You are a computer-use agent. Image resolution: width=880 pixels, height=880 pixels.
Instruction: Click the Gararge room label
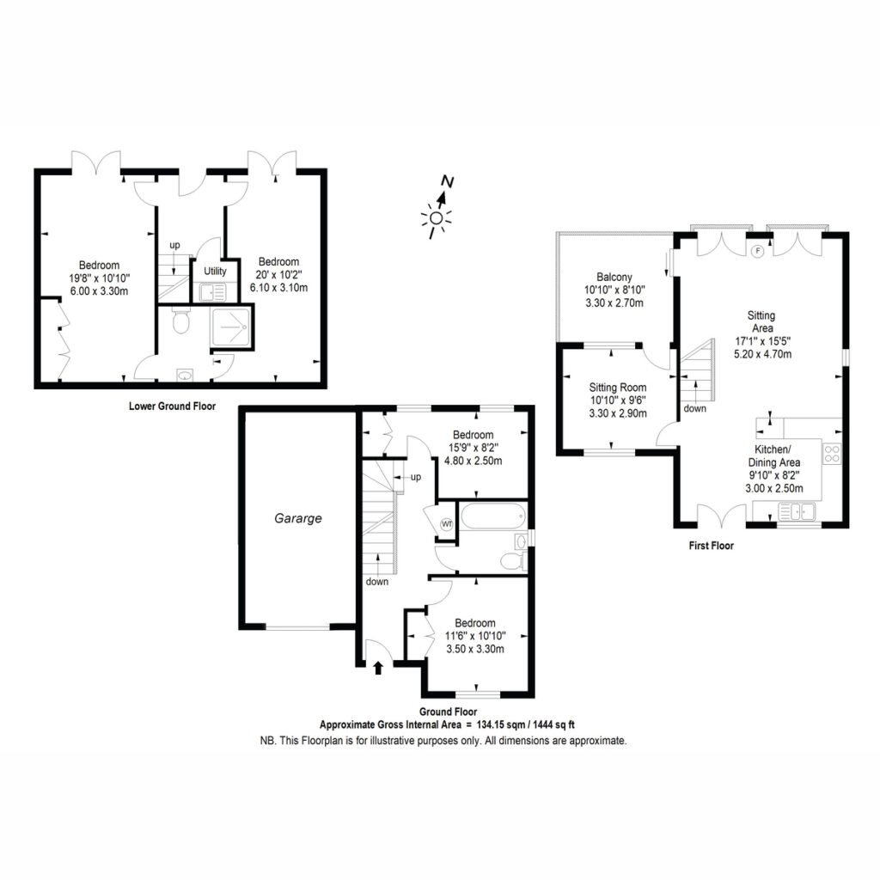298,518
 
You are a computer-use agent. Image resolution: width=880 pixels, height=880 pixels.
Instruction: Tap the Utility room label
215,271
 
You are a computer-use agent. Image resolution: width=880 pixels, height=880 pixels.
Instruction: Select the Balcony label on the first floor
614,278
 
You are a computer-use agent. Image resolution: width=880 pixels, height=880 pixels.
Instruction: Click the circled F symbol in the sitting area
758,251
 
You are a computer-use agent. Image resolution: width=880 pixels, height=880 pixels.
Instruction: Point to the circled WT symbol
447,524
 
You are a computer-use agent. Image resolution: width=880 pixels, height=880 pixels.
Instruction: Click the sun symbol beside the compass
436,220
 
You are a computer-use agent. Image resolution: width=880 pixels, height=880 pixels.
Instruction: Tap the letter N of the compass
447,181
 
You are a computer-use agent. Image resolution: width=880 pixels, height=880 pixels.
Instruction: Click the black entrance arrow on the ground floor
378,667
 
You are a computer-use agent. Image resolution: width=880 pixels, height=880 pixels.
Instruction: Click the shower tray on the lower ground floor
230,327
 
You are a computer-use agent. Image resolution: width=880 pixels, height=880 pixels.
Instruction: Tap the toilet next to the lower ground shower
180,320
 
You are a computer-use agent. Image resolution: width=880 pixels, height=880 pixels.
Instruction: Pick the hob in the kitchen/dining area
832,454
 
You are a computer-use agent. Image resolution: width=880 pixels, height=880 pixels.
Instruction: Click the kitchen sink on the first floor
797,512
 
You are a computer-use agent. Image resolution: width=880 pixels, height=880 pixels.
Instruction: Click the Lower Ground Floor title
172,406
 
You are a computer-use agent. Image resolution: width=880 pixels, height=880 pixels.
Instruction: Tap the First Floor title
711,546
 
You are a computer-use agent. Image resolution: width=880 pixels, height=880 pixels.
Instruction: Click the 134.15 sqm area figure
497,724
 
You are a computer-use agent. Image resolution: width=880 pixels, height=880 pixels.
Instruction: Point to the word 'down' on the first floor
694,408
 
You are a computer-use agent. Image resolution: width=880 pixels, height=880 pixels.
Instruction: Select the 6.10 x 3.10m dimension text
279,288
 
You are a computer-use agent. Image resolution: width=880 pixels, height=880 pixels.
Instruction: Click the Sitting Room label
617,388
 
